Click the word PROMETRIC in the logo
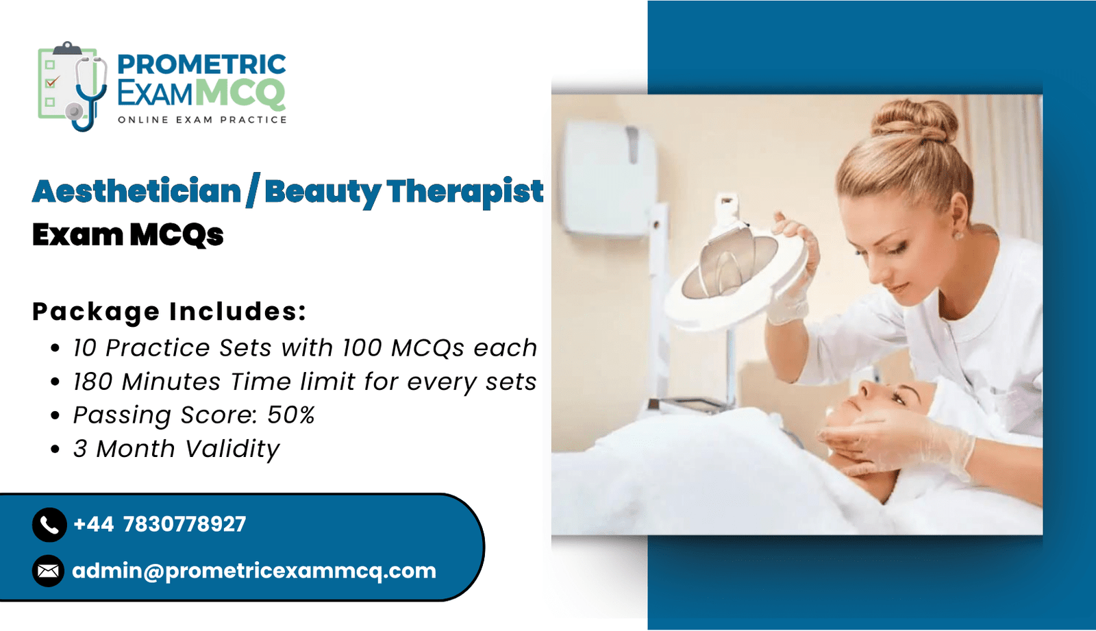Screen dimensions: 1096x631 (201, 64)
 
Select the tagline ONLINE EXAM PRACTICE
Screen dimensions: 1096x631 (202, 120)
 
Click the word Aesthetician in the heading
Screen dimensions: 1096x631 (136, 191)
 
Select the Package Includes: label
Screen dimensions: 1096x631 (169, 311)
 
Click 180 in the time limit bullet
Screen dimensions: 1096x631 (93, 382)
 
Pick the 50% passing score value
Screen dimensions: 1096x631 (290, 415)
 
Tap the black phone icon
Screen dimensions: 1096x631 (49, 525)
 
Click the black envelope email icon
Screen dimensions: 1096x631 (49, 571)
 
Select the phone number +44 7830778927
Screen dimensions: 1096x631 (160, 524)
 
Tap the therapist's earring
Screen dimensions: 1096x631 (958, 236)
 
